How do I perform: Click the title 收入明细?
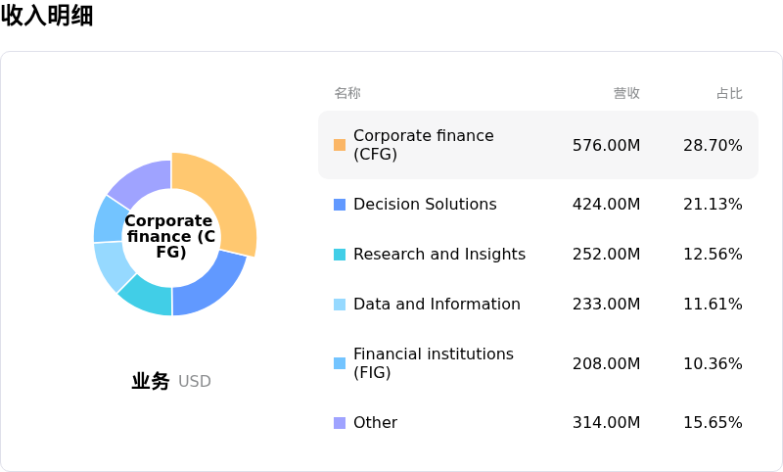47,17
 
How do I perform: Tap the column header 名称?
347,93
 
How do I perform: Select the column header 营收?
626,93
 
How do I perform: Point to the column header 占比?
729,93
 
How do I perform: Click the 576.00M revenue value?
606,145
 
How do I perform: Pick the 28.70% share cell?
713,145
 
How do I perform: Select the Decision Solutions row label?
425,205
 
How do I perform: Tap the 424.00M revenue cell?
606,205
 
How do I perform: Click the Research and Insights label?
439,255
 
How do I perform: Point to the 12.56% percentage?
713,255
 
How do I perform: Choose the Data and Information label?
437,305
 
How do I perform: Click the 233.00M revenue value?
606,305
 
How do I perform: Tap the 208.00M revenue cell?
606,364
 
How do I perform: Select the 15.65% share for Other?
713,423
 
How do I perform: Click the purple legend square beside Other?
340,423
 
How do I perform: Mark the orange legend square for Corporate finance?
340,145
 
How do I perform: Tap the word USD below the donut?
195,382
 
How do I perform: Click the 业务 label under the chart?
151,382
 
